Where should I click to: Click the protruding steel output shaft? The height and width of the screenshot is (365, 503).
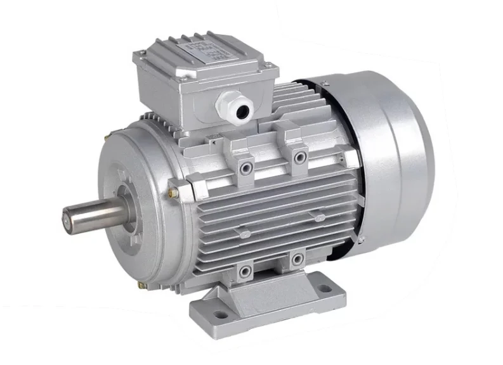click(95, 215)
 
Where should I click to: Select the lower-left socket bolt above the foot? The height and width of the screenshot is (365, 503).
click(244, 272)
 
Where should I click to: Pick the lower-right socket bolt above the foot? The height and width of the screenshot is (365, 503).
click(295, 259)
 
